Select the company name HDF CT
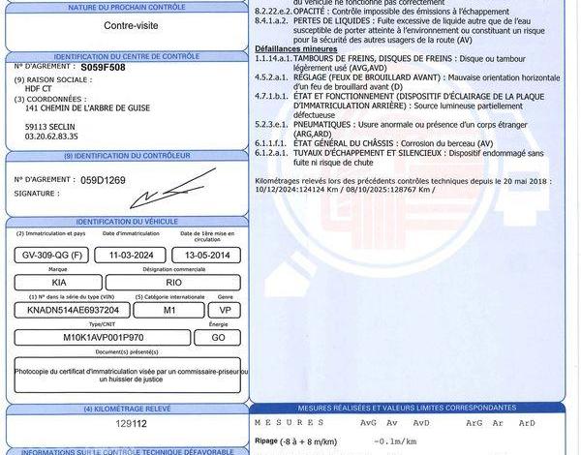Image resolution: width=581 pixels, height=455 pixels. [39, 89]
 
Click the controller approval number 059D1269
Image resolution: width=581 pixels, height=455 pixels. [103, 180]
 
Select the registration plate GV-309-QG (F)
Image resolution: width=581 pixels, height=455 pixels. [49, 256]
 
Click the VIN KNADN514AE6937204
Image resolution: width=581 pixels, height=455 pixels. [74, 309]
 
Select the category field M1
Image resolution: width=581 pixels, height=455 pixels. [168, 309]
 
